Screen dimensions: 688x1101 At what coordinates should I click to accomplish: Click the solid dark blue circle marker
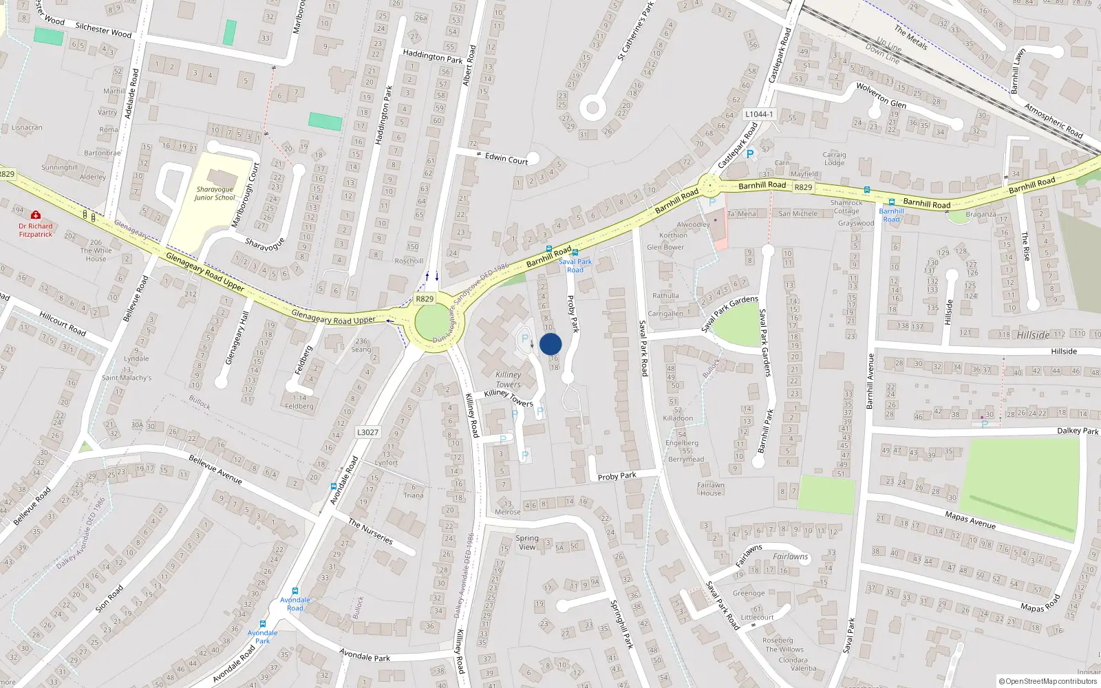coord(550,344)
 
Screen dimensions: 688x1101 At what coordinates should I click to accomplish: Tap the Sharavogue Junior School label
coord(215,193)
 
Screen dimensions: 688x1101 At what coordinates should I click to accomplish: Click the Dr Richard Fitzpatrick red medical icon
coord(36,215)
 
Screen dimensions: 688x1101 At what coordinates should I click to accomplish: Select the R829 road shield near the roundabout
coord(425,299)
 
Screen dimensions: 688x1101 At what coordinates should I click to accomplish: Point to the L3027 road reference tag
coord(367,432)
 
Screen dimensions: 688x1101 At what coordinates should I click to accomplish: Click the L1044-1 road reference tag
coord(758,114)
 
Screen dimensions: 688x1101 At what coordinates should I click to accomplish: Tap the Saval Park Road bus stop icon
coord(575,252)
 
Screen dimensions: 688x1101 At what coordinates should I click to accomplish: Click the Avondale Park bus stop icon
coord(262,624)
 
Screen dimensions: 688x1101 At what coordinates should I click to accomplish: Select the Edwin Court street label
coord(506,159)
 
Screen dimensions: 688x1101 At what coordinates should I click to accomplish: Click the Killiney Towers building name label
coord(509,380)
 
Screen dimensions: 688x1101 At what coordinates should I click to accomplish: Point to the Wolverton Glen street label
coord(881,96)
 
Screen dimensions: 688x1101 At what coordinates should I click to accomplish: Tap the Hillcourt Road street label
coord(63,323)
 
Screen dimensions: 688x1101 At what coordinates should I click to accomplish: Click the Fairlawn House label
coord(711,488)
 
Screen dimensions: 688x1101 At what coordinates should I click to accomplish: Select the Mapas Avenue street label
coord(970,519)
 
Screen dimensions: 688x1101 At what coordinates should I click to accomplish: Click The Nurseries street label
coord(370,531)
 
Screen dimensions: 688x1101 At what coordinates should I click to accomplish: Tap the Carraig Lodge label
coord(834,159)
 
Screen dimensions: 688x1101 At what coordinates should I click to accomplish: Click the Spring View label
coord(527,542)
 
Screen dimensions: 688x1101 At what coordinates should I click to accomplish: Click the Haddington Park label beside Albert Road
coord(432,56)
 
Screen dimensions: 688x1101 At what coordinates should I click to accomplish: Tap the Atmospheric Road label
coord(1054,120)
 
